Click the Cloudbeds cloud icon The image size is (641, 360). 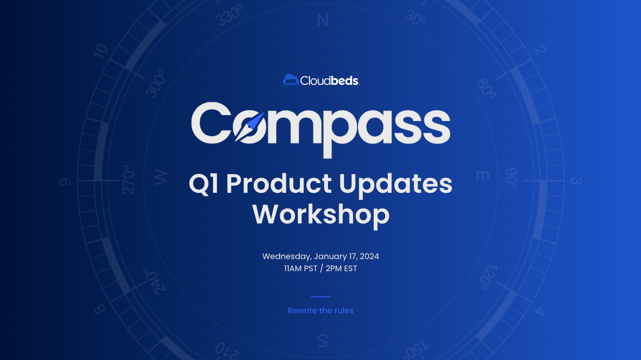coord(291,80)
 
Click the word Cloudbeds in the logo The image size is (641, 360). coord(330,81)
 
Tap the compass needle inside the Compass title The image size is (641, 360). coord(249,127)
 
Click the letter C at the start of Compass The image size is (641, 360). coord(211,123)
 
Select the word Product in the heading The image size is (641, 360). coord(278,184)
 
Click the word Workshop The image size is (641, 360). coord(321,215)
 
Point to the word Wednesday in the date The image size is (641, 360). coord(287,256)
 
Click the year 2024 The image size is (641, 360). coord(369,256)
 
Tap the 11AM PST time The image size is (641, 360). coord(301,269)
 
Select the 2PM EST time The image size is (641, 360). coord(342,269)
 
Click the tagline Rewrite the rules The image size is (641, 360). coord(320,310)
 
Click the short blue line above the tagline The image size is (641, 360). coord(321,297)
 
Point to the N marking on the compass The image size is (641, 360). coord(323,21)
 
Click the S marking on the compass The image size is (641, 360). coord(323,340)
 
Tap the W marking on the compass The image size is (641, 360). coord(161,177)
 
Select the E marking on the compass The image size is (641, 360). coord(483,176)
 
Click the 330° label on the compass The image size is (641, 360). coord(229,16)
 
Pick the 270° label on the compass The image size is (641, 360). coord(128,180)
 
